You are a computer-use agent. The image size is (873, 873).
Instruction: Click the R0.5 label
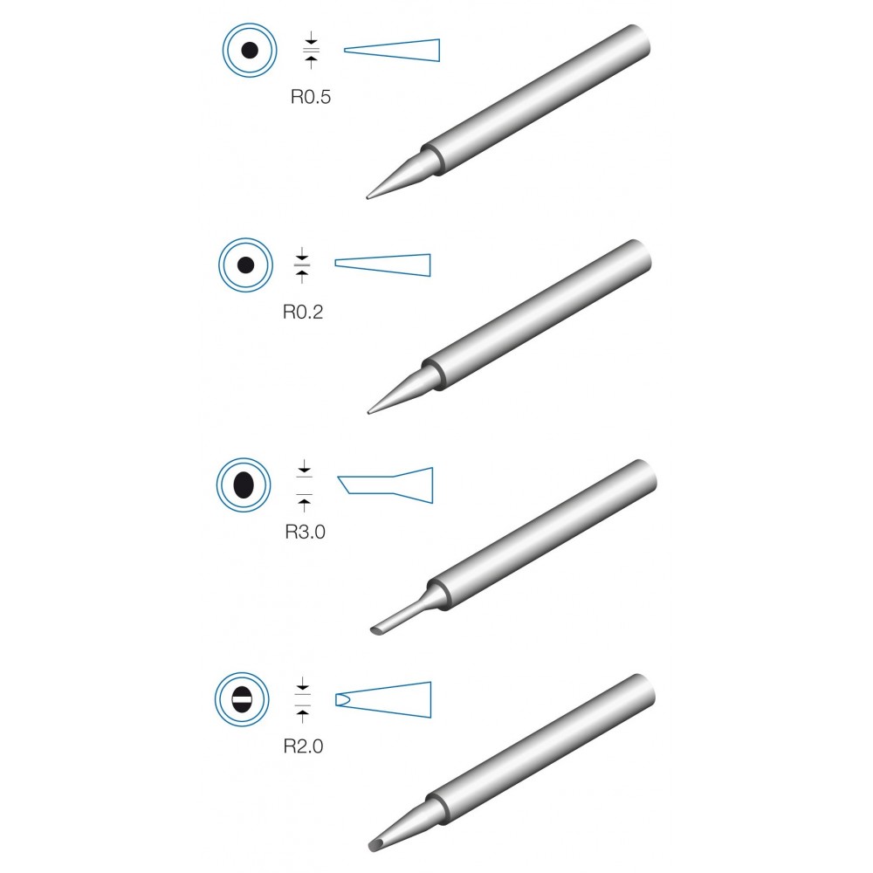pos(311,97)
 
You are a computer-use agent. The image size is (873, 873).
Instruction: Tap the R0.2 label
pos(303,312)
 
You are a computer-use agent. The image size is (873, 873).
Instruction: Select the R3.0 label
pos(305,532)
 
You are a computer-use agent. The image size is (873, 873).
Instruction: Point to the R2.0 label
pos(304,746)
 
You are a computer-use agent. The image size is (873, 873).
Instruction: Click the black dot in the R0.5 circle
pos(250,50)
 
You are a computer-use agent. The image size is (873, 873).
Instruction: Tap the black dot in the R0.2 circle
pos(245,265)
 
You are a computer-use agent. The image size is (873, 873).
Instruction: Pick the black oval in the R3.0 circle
pos(244,485)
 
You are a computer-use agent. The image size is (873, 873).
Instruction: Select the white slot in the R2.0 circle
pos(242,699)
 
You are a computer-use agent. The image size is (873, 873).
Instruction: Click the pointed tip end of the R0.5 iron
pos(368,196)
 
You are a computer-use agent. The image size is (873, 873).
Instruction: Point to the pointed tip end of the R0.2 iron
pos(368,413)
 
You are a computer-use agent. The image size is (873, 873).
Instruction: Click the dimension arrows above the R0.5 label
pos(312,50)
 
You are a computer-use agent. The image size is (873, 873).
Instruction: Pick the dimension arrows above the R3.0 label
pos(304,485)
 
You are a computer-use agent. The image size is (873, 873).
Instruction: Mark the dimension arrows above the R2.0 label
pos(302,700)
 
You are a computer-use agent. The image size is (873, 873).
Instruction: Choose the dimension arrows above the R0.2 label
pos(302,265)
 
